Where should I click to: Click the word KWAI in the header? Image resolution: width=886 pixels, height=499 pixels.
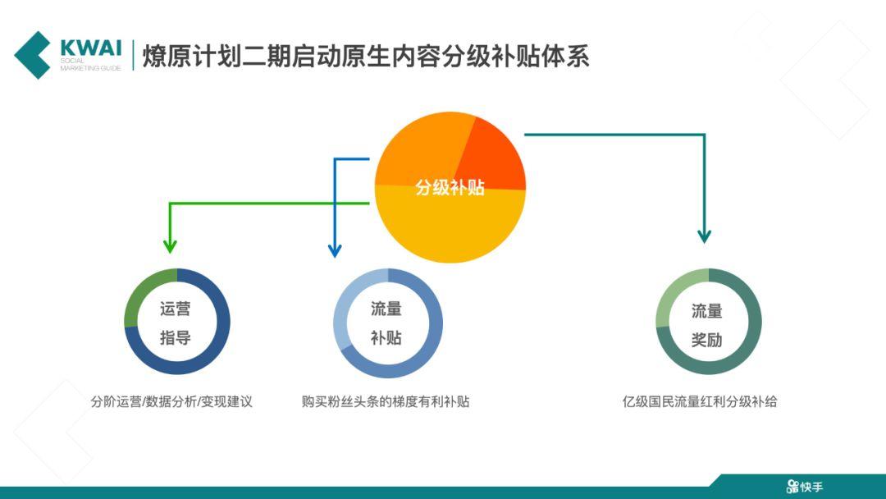pyautogui.click(x=90, y=48)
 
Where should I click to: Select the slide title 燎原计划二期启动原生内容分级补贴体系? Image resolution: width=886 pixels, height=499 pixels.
pyautogui.click(x=366, y=56)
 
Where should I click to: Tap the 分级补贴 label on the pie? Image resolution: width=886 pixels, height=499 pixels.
pyautogui.click(x=450, y=187)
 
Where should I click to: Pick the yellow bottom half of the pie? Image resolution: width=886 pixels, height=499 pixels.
pyautogui.click(x=450, y=225)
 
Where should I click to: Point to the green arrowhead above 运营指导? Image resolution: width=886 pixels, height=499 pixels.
pyautogui.click(x=170, y=246)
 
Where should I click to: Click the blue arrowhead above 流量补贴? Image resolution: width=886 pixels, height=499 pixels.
pyautogui.click(x=335, y=250)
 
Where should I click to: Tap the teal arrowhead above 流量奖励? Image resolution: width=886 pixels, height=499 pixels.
pyautogui.click(x=704, y=236)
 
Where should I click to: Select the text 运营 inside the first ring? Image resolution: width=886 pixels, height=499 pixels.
pyautogui.click(x=176, y=309)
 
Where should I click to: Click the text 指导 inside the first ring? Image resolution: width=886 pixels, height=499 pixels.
pyautogui.click(x=176, y=337)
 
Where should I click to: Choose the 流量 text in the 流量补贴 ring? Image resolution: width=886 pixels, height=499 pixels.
pyautogui.click(x=386, y=309)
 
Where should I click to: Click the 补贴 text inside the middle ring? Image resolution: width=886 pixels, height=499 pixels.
pyautogui.click(x=386, y=338)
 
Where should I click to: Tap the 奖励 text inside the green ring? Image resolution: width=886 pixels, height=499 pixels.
pyautogui.click(x=707, y=340)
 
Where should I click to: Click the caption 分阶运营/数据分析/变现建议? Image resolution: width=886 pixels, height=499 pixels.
pyautogui.click(x=171, y=402)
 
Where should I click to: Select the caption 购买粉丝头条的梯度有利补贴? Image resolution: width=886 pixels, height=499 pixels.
pyautogui.click(x=386, y=402)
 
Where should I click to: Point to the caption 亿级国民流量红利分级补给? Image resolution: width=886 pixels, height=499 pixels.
pyautogui.click(x=700, y=402)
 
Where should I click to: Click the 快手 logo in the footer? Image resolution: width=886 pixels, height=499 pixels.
pyautogui.click(x=805, y=486)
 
